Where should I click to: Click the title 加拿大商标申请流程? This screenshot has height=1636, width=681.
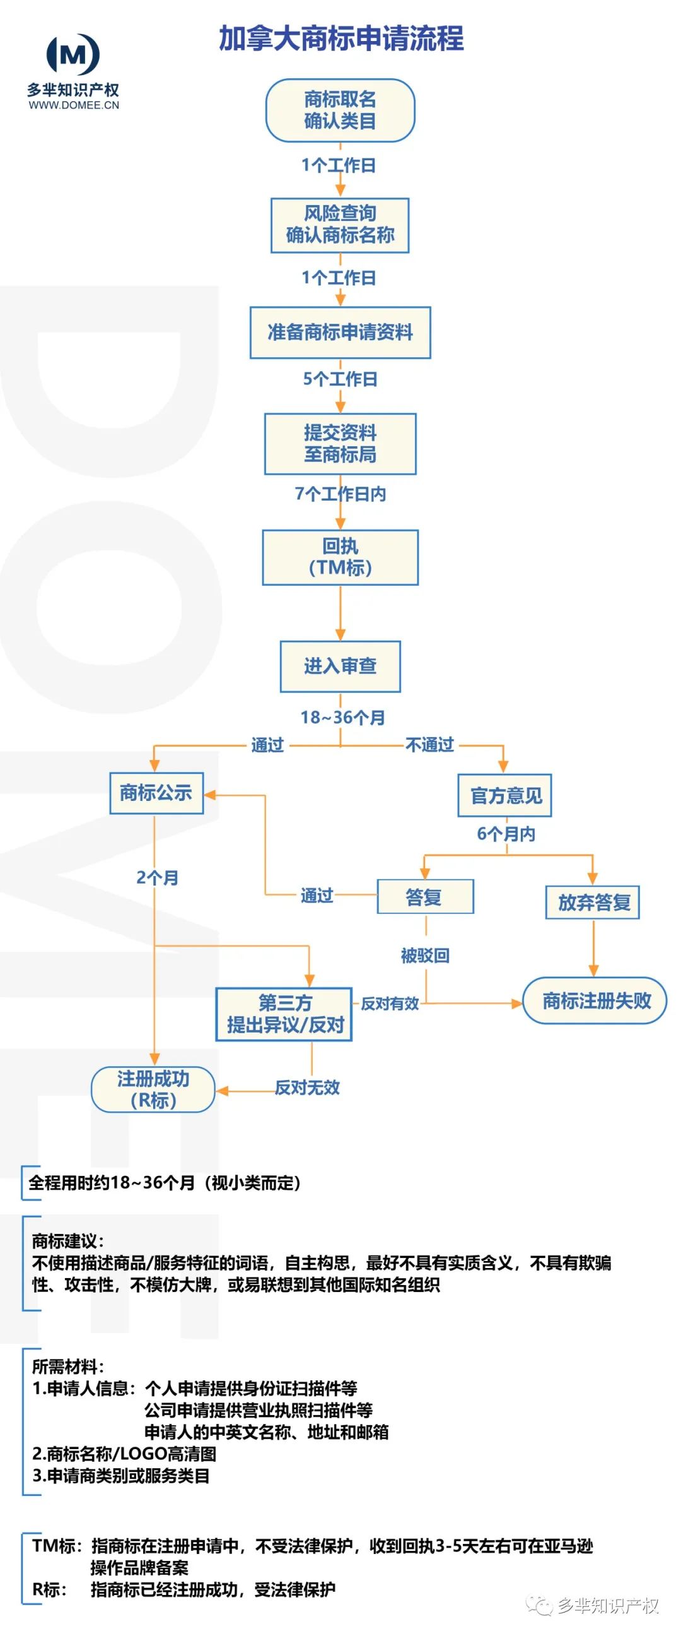[341, 38]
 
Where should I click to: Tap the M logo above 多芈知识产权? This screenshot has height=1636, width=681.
[73, 55]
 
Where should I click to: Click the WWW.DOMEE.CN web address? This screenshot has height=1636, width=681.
[74, 105]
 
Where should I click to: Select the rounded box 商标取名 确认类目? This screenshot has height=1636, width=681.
[339, 110]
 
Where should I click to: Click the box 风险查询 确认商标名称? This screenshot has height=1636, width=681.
[339, 225]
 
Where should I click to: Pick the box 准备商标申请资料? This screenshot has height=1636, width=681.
[339, 332]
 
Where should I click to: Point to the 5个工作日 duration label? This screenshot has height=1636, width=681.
[339, 379]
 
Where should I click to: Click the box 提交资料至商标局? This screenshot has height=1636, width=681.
[339, 444]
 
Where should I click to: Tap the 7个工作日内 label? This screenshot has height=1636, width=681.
[339, 494]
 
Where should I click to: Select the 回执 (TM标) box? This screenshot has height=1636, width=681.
[339, 557]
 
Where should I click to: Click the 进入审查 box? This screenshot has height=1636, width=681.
[339, 667]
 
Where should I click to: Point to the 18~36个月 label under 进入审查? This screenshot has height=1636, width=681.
[342, 718]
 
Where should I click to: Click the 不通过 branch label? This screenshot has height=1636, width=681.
[429, 745]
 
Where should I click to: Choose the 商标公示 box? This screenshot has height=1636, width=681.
[156, 793]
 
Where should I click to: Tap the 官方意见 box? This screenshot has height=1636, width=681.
[504, 795]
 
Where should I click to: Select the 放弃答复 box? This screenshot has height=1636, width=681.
[592, 902]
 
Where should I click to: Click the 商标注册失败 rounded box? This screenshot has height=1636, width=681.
[595, 1001]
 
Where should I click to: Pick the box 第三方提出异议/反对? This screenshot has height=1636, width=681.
[284, 1014]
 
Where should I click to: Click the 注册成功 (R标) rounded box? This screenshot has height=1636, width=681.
[153, 1089]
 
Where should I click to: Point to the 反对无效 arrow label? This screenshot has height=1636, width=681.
[307, 1088]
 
